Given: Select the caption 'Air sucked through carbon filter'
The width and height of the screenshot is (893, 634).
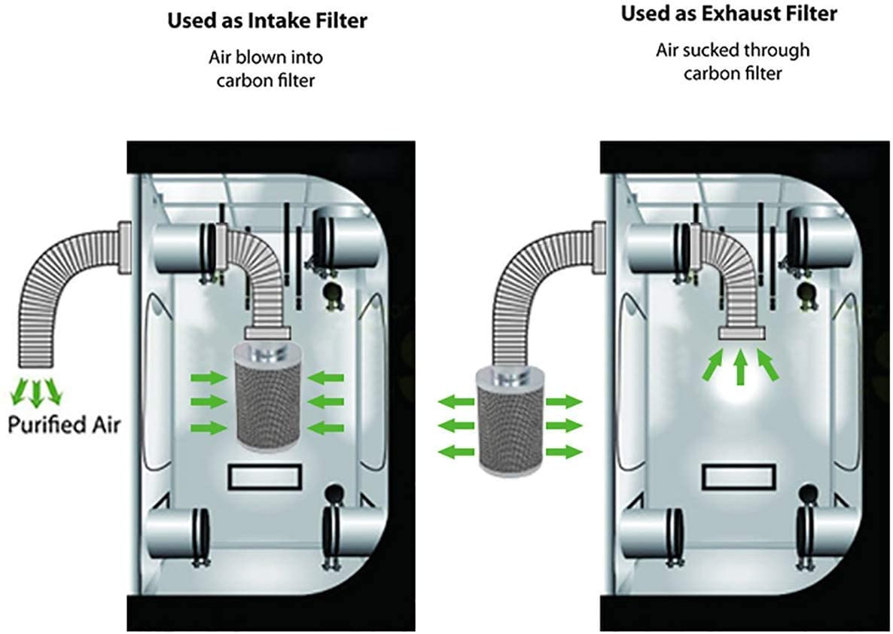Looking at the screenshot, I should coord(733,62).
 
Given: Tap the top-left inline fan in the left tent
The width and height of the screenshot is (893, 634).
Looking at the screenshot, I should coord(181,243).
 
